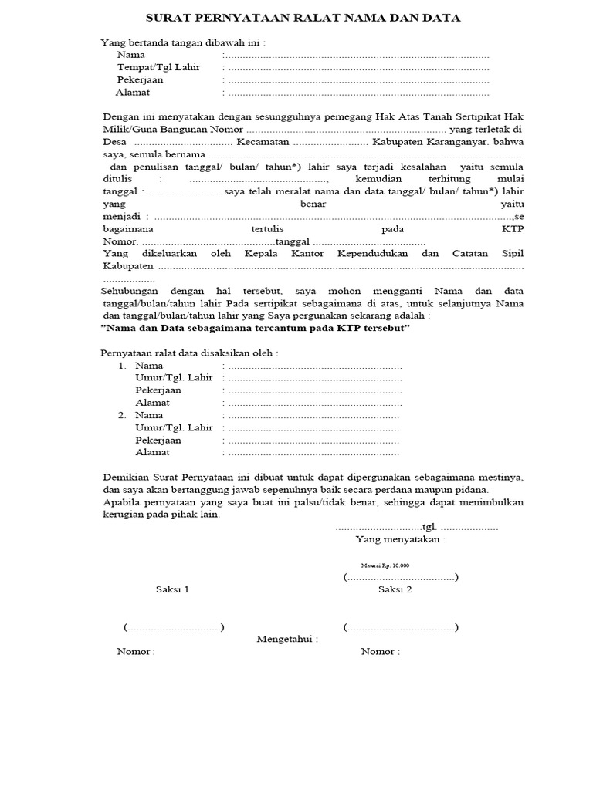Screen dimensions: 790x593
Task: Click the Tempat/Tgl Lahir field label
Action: coord(158,67)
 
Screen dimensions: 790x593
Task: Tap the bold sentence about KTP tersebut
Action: coord(256,328)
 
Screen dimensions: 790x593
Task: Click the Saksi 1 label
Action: coord(172,589)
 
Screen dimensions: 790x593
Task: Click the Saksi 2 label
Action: coord(395,589)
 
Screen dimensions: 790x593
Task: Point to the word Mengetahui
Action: coord(286,639)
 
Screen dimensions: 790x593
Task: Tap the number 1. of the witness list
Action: coord(122,366)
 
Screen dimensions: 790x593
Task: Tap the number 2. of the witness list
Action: coord(122,415)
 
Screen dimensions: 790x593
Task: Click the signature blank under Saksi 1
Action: coord(173,627)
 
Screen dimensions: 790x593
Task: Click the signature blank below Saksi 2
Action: coord(401,627)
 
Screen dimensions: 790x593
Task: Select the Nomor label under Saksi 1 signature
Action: coord(136,651)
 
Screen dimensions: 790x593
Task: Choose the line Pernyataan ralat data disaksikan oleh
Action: coord(190,353)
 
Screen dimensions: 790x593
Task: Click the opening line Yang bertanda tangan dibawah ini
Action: coord(183,42)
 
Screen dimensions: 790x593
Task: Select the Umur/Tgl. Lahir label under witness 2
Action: coord(174,427)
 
